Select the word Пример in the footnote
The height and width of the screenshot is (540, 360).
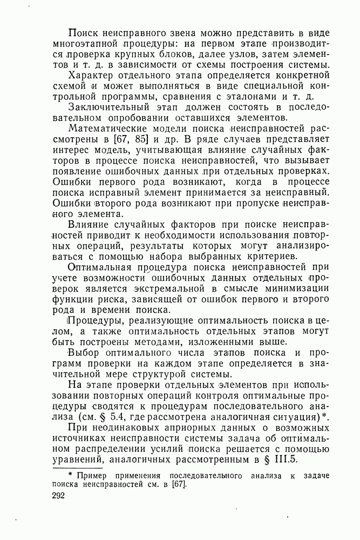coord(92,475)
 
